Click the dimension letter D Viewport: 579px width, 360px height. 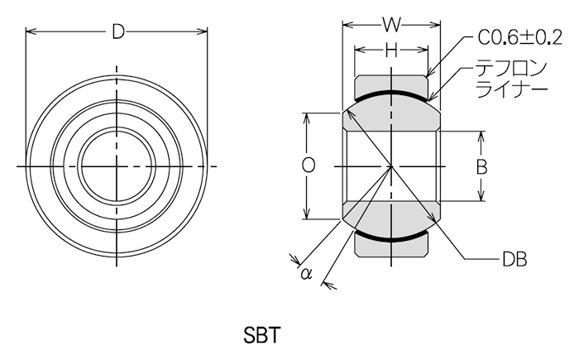tap(118, 31)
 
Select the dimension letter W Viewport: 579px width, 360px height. tap(391, 25)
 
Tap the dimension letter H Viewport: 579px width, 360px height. tap(391, 50)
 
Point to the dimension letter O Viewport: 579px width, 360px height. tap(308, 166)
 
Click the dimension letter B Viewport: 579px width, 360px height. tap(481, 166)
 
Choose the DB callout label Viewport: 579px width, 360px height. tap(514, 260)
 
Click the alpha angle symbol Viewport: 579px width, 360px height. tap(307, 274)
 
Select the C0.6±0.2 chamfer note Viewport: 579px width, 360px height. tap(520, 37)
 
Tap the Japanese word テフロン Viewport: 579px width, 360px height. tap(510, 69)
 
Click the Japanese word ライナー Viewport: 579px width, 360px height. tap(511, 89)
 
